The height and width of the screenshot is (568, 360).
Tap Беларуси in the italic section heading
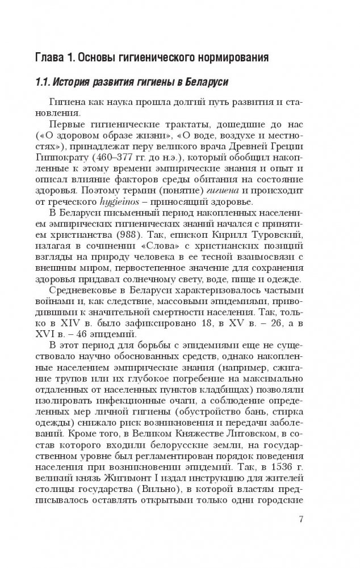tap(204, 82)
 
